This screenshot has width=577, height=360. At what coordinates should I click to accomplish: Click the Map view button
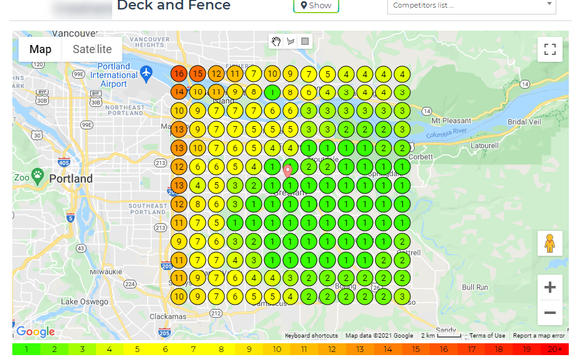click(40, 49)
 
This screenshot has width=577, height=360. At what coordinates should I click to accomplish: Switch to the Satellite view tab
click(93, 49)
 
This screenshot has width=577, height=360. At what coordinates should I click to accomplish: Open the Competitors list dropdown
click(472, 5)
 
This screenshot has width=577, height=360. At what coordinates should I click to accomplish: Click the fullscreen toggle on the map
click(549, 49)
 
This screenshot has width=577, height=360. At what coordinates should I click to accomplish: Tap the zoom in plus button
click(549, 287)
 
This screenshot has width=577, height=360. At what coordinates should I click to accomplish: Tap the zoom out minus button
click(549, 312)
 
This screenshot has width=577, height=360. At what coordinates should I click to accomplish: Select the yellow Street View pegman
click(549, 243)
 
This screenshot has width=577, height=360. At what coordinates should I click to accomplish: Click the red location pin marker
click(288, 171)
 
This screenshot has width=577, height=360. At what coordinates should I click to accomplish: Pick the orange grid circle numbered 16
click(179, 74)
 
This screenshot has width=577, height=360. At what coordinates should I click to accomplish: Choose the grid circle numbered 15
click(198, 74)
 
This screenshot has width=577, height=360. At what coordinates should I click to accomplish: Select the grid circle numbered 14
click(179, 91)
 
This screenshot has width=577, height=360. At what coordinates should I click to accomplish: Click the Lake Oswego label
click(82, 301)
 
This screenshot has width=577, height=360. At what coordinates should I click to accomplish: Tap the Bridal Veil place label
click(523, 121)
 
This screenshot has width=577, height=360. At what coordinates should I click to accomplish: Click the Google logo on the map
click(35, 332)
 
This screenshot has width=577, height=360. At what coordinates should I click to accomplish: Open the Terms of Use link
click(487, 336)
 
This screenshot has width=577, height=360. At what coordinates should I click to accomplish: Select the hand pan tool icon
click(277, 41)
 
